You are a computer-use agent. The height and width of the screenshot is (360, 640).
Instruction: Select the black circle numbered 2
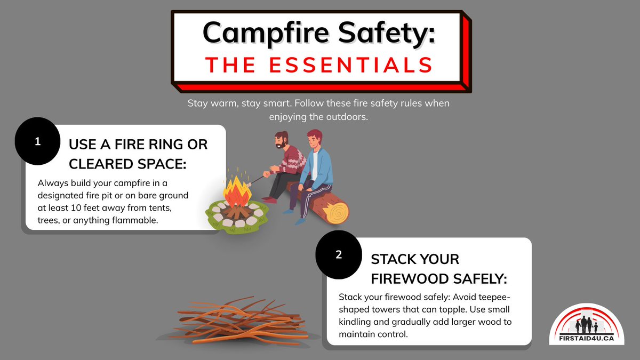[339, 255]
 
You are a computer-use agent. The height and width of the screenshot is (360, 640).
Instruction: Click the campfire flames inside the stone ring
[238, 192]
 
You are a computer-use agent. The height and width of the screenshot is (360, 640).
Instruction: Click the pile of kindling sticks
[240, 320]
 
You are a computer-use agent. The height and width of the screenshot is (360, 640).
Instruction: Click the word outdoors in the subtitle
[349, 116]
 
